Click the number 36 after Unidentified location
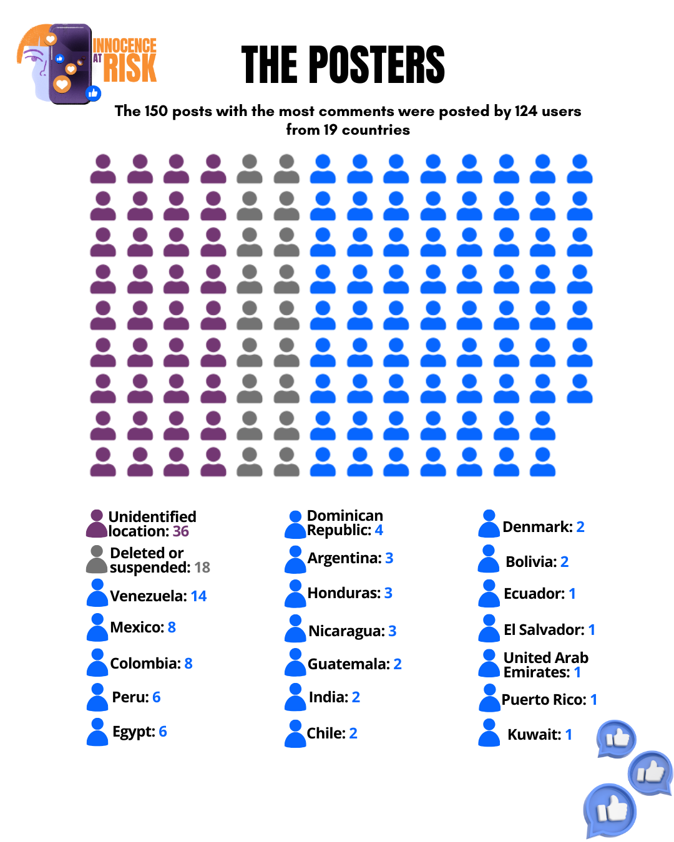click(x=180, y=531)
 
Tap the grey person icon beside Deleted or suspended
click(x=96, y=560)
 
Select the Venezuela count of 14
click(x=198, y=596)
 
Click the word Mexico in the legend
click(x=137, y=627)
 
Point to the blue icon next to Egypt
click(x=97, y=732)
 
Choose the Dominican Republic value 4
click(x=379, y=530)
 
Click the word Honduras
click(x=344, y=593)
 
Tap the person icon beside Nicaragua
click(x=295, y=628)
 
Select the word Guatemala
click(x=349, y=664)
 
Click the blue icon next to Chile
click(x=295, y=733)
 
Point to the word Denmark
click(x=537, y=526)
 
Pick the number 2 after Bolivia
click(x=564, y=561)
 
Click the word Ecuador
click(x=534, y=594)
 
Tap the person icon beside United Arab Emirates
click(x=489, y=663)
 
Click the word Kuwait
click(x=534, y=734)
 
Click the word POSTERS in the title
click(x=377, y=65)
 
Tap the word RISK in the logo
click(x=130, y=68)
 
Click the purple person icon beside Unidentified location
click(x=96, y=523)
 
